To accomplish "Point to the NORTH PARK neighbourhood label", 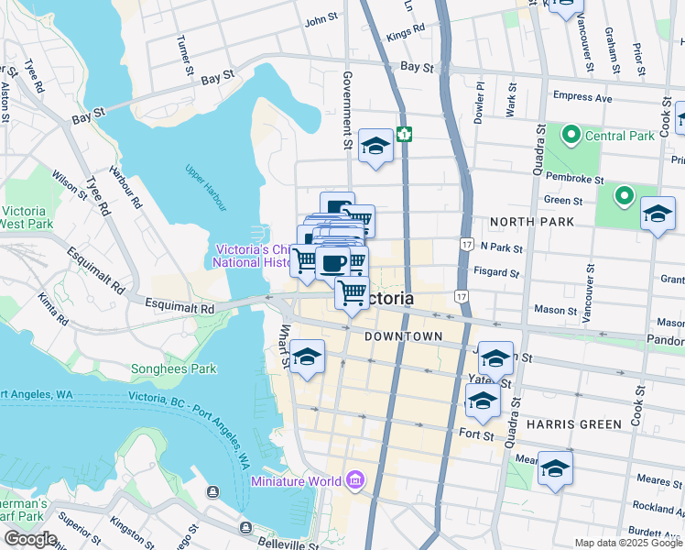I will pyautogui.click(x=532, y=222).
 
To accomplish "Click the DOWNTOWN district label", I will pyautogui.click(x=403, y=336).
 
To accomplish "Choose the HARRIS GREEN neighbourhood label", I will pyautogui.click(x=572, y=424).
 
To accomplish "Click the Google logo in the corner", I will pyautogui.click(x=30, y=539).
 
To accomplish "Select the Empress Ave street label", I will pyautogui.click(x=582, y=95).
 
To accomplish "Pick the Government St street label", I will pyautogui.click(x=347, y=110).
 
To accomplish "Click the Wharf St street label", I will pyautogui.click(x=286, y=345).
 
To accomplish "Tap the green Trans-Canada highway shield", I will pyautogui.click(x=404, y=135).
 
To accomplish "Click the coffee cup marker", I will pyautogui.click(x=332, y=264).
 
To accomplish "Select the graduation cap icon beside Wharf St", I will pyautogui.click(x=308, y=356).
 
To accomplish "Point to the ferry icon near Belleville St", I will pyautogui.click(x=245, y=527).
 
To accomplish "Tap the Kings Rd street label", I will pyautogui.click(x=407, y=33).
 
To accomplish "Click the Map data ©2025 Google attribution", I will pyautogui.click(x=627, y=543).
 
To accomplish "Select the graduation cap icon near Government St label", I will pyautogui.click(x=375, y=146).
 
